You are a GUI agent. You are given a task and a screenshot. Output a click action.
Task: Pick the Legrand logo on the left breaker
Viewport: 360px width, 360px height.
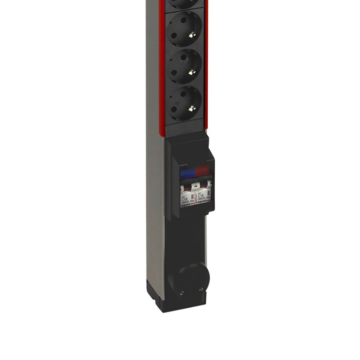[186, 205]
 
